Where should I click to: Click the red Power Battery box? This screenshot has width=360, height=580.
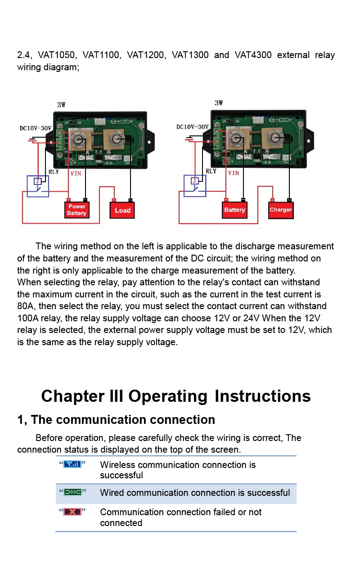76,210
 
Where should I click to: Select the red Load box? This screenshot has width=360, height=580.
122,210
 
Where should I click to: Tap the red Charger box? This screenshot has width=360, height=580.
281,210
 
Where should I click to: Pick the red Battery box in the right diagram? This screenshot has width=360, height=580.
234,210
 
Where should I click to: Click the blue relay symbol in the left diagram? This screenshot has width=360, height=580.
37,186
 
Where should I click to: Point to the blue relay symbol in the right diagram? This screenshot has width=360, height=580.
195,185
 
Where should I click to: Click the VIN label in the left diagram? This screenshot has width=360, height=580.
76,173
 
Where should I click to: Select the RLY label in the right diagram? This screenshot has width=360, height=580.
211,171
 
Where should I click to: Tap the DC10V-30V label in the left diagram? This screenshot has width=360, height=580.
36,128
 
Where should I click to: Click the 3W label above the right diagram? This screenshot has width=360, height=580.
219,103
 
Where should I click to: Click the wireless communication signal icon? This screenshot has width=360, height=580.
72,464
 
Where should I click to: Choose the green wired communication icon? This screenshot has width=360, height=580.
72,492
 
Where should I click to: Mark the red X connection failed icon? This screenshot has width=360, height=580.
72,512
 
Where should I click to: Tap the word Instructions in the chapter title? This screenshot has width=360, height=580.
262,396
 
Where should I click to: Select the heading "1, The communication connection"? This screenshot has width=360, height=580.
116,420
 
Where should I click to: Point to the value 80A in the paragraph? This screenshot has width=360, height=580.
25,306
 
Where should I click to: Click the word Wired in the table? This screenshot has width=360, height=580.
112,493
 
